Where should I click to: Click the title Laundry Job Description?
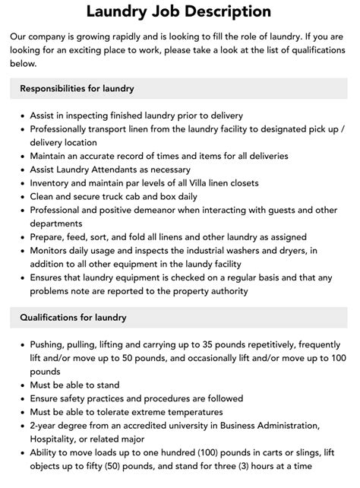tap(178, 11)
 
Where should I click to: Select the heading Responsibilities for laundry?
tap(77, 88)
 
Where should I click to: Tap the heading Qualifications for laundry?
tap(74, 317)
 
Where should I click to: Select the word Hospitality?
tap(56, 439)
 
